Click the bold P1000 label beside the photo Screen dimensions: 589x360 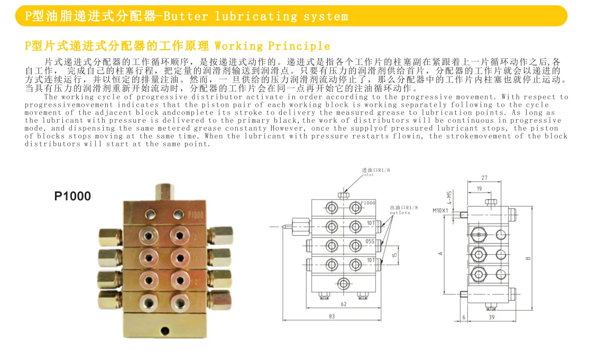[x=73, y=196]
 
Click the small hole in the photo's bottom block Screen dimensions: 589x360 [x=165, y=331]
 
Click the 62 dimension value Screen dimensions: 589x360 [x=343, y=304]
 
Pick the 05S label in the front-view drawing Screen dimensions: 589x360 [x=370, y=242]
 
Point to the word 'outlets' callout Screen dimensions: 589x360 [x=400, y=213]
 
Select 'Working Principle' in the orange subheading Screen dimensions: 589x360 [x=272, y=46]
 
